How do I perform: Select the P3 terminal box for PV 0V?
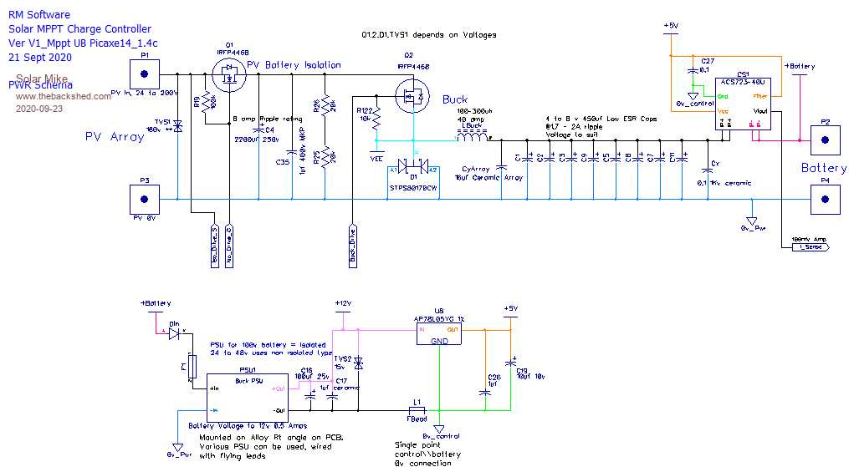coord(144,199)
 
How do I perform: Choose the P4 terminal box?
coord(826,199)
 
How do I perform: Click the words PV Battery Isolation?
coord(294,64)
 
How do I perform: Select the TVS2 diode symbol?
coord(359,363)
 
